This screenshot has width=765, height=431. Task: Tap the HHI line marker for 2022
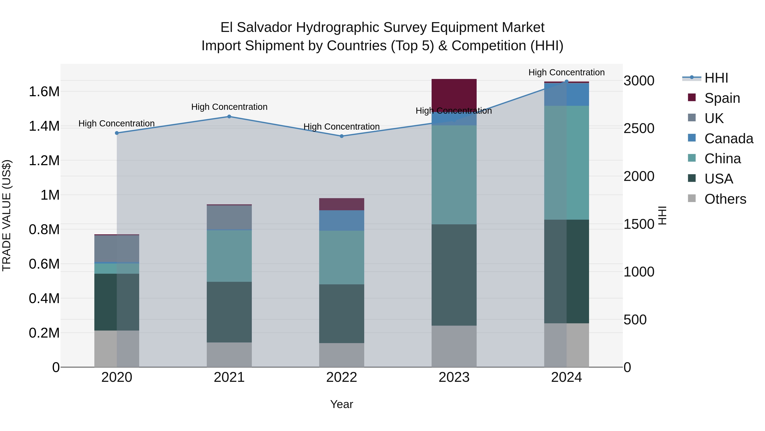(x=341, y=136)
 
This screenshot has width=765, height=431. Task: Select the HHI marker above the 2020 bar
(x=117, y=133)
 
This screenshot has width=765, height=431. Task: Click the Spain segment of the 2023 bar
(x=454, y=94)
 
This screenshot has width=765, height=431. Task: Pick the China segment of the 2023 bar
(x=454, y=175)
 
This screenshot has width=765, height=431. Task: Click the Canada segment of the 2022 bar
(x=341, y=221)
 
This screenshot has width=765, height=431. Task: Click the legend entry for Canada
(x=728, y=139)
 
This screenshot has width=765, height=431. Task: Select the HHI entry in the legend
(x=716, y=78)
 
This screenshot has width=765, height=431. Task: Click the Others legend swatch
(x=692, y=198)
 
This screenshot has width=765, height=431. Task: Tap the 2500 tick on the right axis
(x=639, y=129)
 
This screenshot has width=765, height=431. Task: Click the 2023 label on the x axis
(x=454, y=377)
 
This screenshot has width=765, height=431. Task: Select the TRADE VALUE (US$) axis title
(x=7, y=215)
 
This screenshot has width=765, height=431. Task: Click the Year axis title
(x=341, y=404)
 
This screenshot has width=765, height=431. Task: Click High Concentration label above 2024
(x=566, y=72)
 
